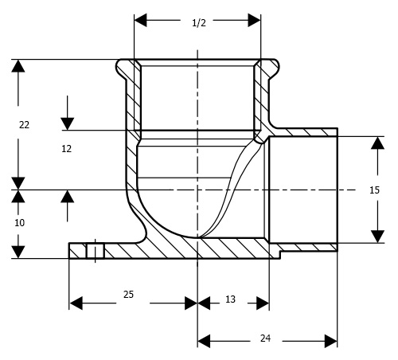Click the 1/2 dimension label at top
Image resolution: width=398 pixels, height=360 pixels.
[x=199, y=23]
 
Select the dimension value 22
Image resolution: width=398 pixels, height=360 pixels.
[x=24, y=125]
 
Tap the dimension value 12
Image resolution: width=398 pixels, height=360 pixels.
[x=67, y=149]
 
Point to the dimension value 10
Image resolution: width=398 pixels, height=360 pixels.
[x=20, y=223]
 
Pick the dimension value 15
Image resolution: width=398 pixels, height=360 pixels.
[x=374, y=190]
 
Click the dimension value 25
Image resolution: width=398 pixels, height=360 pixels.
[x=128, y=295]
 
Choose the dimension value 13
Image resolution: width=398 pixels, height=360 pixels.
[x=230, y=299]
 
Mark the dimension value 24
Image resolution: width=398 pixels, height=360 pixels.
[x=265, y=338]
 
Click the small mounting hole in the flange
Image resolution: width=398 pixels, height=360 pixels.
[x=95, y=251]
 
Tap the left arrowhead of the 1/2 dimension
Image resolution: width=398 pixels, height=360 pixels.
[x=141, y=20]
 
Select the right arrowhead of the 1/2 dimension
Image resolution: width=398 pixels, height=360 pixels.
[x=254, y=20]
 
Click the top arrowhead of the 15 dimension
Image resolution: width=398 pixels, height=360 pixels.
[x=377, y=143]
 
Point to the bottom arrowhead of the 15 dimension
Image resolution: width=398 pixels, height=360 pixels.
[x=377, y=237]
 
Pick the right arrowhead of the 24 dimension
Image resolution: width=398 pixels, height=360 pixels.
[x=331, y=341]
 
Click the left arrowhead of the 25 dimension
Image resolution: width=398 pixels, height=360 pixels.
[x=76, y=303]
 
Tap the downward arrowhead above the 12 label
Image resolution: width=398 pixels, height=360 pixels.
[x=68, y=123]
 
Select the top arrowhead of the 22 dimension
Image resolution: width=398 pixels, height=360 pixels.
[x=18, y=66]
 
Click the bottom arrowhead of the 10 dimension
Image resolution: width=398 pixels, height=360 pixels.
[x=18, y=252]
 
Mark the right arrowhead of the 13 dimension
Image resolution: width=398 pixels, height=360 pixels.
[x=263, y=303]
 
